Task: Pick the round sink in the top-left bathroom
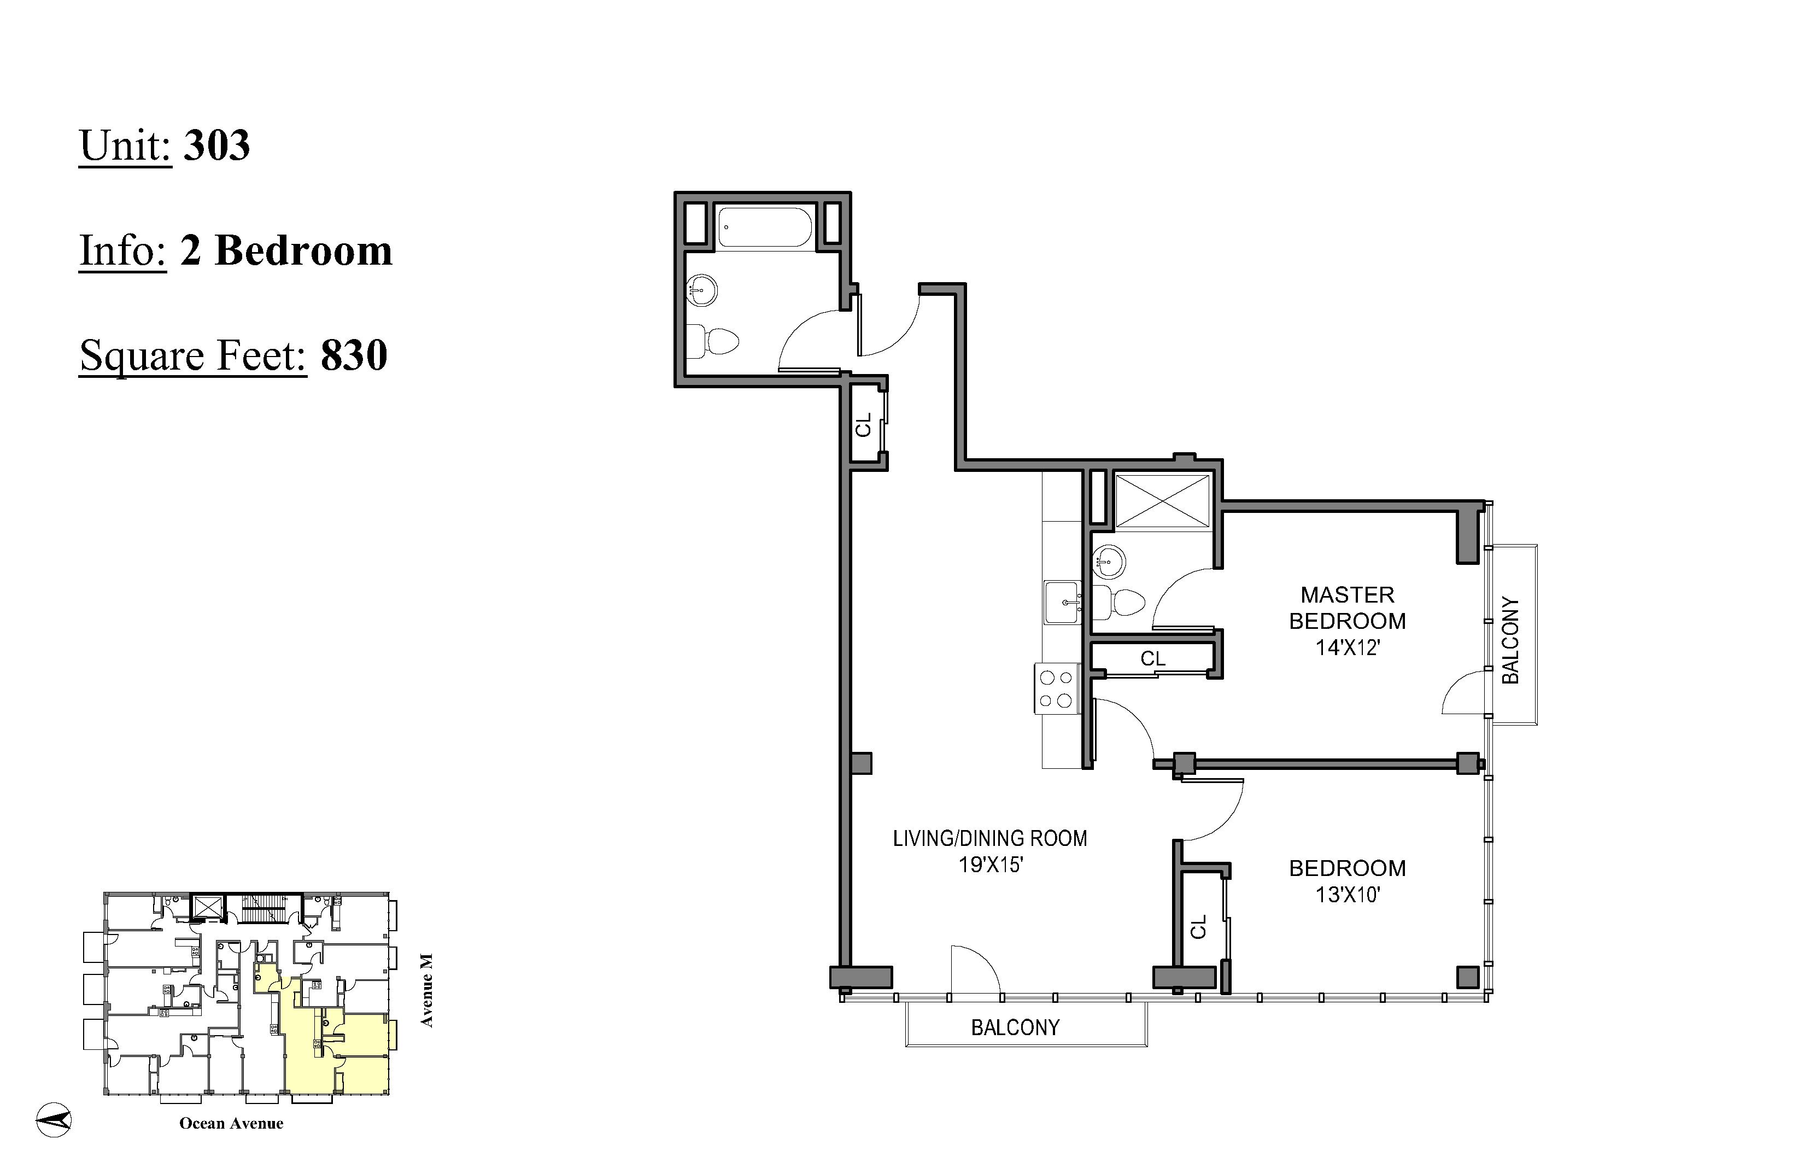(x=702, y=290)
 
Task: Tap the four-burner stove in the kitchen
(x=1057, y=688)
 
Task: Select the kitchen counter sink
(x=1063, y=603)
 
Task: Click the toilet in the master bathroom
(x=1121, y=603)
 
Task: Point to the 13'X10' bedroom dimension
(x=1347, y=895)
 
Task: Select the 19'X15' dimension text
(x=991, y=865)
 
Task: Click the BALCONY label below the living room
(x=1015, y=1028)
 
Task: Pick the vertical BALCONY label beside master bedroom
(x=1510, y=640)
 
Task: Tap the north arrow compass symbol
(x=54, y=1119)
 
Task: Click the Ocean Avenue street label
(x=231, y=1123)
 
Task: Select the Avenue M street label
(x=427, y=990)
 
